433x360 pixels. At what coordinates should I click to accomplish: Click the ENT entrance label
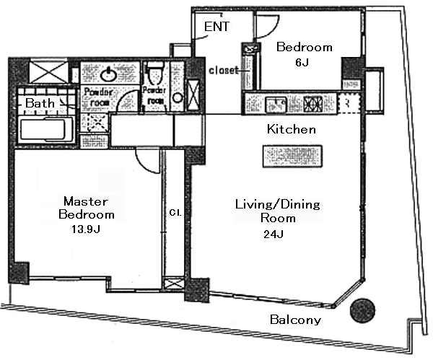tap(217, 27)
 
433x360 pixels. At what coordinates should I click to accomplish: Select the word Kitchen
tap(292, 130)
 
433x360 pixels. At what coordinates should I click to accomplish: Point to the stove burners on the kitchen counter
tap(315, 103)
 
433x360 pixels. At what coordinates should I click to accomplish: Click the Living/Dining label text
tap(278, 205)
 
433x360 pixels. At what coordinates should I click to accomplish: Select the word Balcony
tap(296, 320)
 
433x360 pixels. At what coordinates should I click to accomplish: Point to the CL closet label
tap(174, 214)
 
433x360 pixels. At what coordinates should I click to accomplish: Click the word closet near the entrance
tap(223, 71)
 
